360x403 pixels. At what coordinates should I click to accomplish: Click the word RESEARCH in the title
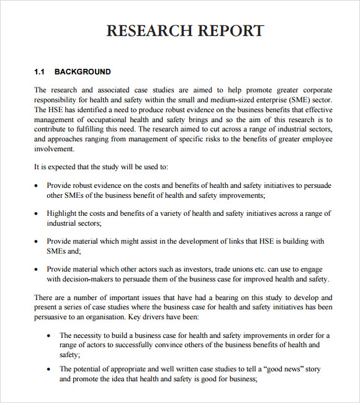coord(148,31)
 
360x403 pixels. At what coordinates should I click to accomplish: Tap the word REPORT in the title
coord(230,31)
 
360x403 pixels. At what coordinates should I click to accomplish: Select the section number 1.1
coord(40,72)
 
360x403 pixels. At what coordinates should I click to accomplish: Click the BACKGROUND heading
coord(83,72)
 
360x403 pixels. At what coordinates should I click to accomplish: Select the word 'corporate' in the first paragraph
coord(315,90)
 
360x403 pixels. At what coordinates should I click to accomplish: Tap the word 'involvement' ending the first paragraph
coord(55,149)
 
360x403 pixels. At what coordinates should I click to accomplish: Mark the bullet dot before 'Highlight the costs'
coord(38,214)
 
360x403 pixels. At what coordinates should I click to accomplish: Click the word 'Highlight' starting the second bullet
coord(63,213)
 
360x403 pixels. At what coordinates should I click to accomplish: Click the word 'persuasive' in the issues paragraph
coord(53,317)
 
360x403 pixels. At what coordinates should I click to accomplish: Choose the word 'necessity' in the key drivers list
coord(89,335)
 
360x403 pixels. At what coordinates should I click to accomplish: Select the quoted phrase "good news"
coord(284,370)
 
